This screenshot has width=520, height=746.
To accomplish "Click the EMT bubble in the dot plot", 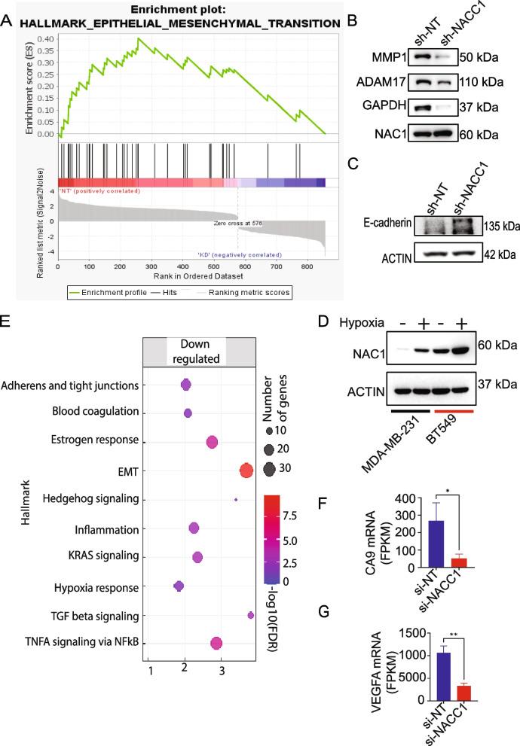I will (x=246, y=471).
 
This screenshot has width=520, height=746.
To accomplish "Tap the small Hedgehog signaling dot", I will (x=236, y=499).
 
